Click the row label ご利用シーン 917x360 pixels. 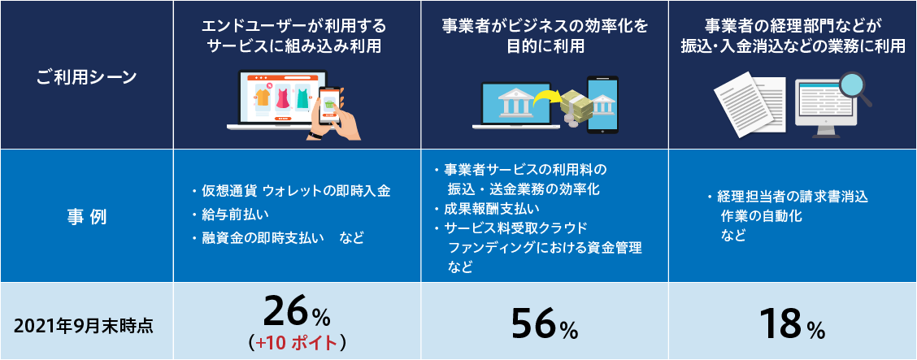86,76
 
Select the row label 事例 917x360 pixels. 86,216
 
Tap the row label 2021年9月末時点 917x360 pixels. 86,326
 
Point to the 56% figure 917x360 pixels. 545,323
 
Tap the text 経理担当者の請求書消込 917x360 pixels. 787,197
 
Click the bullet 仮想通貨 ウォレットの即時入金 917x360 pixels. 291,190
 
